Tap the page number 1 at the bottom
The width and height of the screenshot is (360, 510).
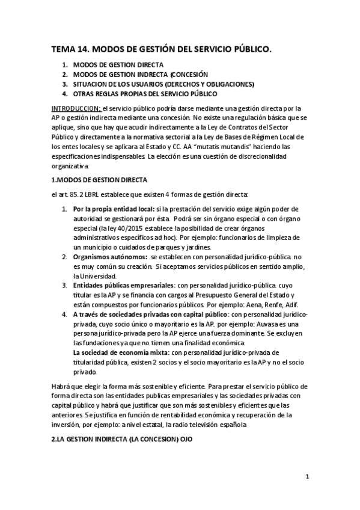click(307, 477)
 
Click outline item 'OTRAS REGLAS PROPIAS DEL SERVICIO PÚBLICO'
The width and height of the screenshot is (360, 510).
click(145, 94)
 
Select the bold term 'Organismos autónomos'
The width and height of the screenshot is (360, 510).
click(111, 257)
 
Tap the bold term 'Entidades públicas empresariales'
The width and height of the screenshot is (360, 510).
click(124, 285)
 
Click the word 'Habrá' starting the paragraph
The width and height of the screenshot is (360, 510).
click(61, 386)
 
